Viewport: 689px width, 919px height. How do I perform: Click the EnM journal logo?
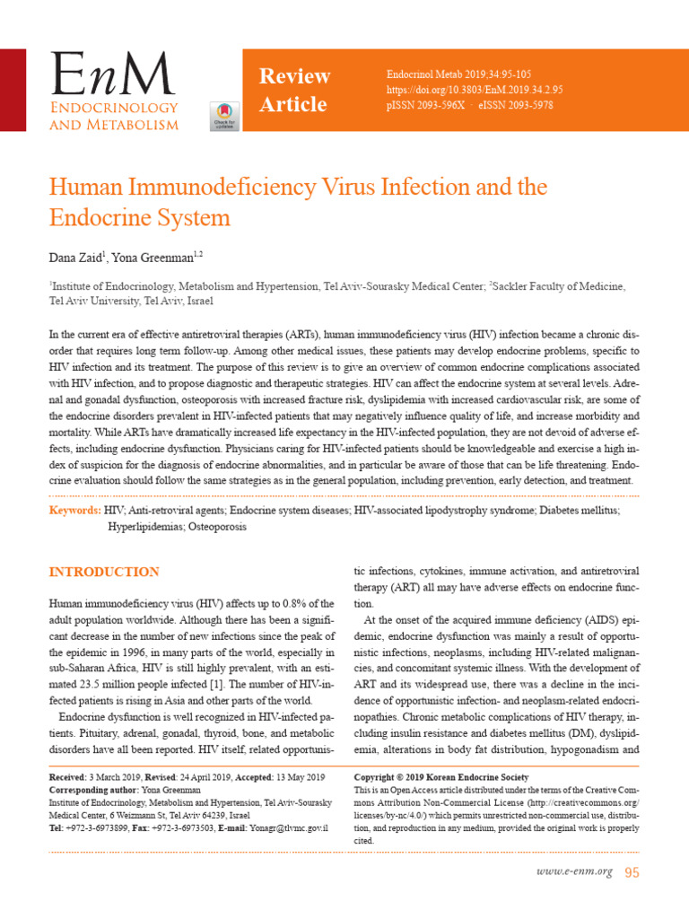(x=113, y=90)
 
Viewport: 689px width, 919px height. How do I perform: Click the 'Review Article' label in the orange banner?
(x=294, y=90)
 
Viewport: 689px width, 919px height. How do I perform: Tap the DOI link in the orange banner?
(x=474, y=91)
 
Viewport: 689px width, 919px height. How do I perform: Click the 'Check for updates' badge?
(x=223, y=114)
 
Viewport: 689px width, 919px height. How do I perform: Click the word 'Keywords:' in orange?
(x=74, y=510)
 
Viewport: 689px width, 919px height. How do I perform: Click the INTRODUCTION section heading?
(x=104, y=572)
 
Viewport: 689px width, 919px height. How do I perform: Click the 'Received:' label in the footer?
(x=68, y=776)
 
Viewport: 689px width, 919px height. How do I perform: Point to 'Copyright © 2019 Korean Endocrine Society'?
(x=441, y=776)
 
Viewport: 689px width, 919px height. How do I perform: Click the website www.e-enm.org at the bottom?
(x=575, y=871)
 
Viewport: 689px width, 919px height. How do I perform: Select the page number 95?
(x=632, y=871)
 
